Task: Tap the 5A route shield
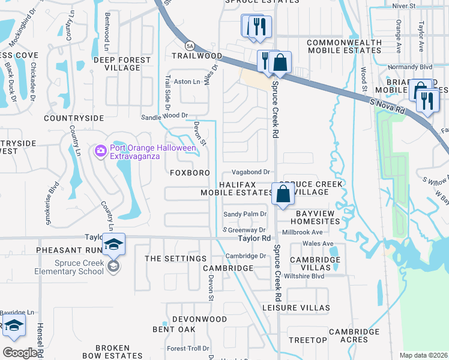click(x=189, y=46)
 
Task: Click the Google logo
click(x=20, y=353)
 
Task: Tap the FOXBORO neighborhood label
click(x=190, y=173)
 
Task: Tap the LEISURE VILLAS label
click(x=296, y=308)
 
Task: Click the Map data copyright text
click(x=423, y=355)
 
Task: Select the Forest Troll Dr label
click(x=188, y=348)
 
